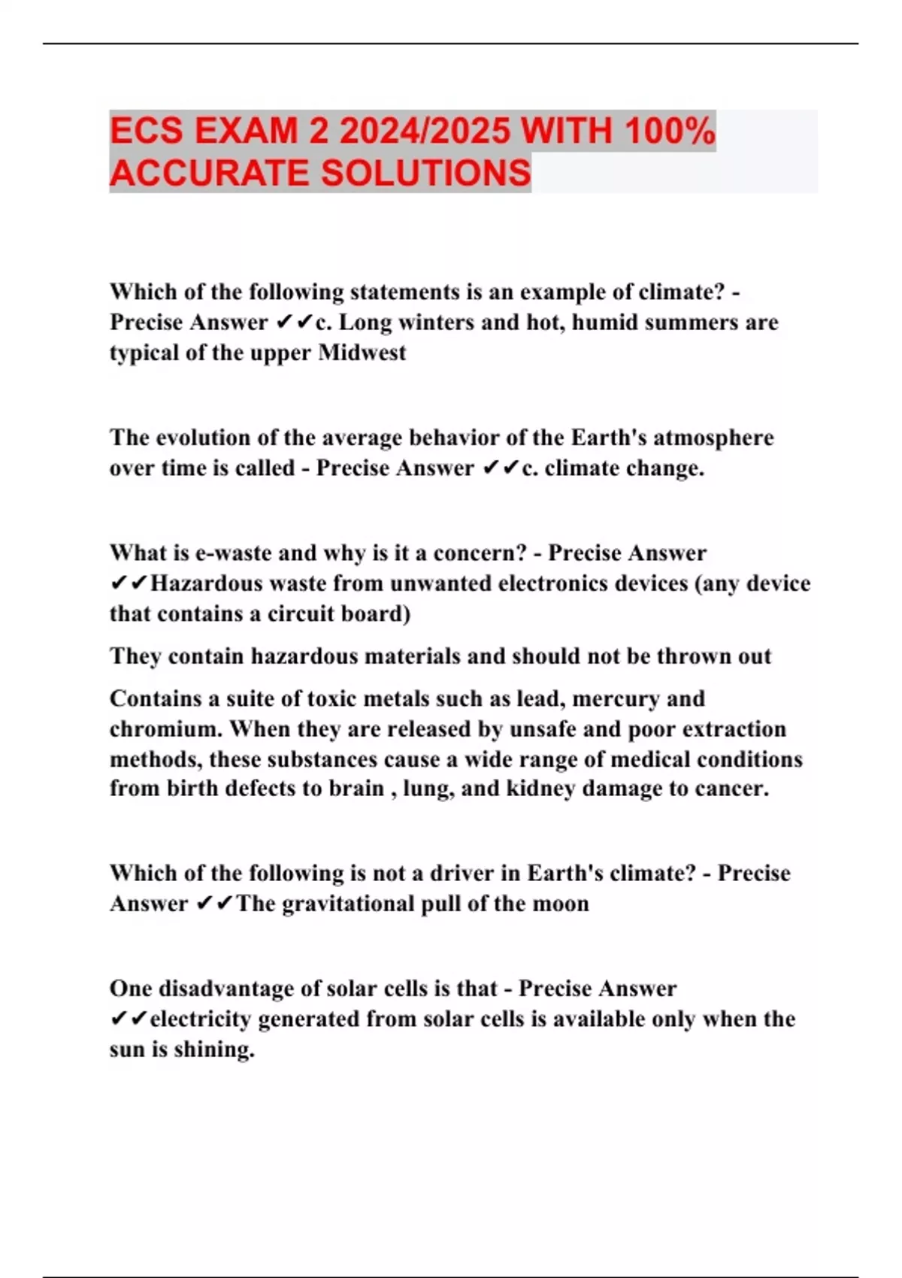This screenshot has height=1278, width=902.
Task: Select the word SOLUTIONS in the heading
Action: pos(426,173)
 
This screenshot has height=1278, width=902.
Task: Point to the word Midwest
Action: pos(362,353)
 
